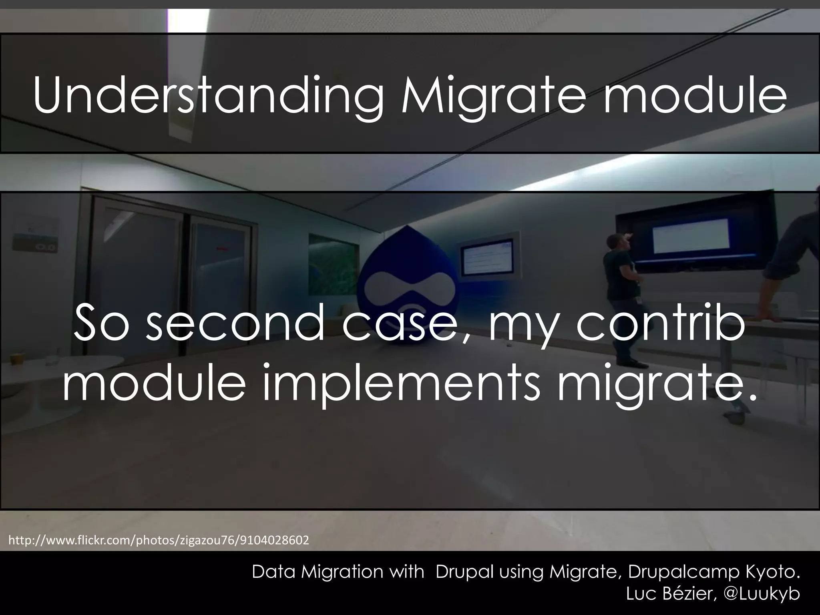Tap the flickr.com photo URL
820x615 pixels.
tap(159, 541)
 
